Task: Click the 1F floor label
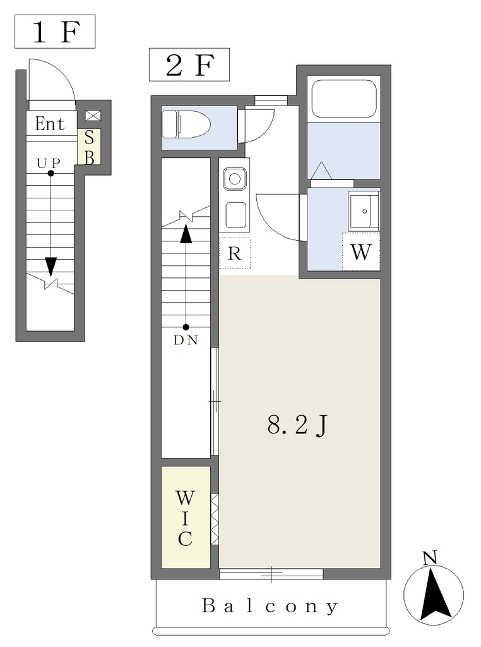[x=55, y=32]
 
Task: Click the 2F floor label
[x=189, y=65]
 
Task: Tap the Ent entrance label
[x=50, y=123]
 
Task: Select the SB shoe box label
[x=90, y=147]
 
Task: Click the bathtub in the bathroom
[x=344, y=99]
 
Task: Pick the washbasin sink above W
[x=364, y=211]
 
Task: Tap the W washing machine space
[x=361, y=251]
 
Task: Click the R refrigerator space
[x=235, y=253]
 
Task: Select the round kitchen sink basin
[x=235, y=179]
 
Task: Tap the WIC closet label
[x=185, y=518]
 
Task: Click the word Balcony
[x=270, y=606]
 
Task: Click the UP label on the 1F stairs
[x=49, y=164]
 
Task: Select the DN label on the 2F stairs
[x=186, y=340]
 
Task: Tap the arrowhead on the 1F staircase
[x=50, y=267]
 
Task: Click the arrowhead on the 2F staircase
[x=186, y=234]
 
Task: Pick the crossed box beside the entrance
[x=93, y=116]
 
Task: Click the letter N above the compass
[x=430, y=559]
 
